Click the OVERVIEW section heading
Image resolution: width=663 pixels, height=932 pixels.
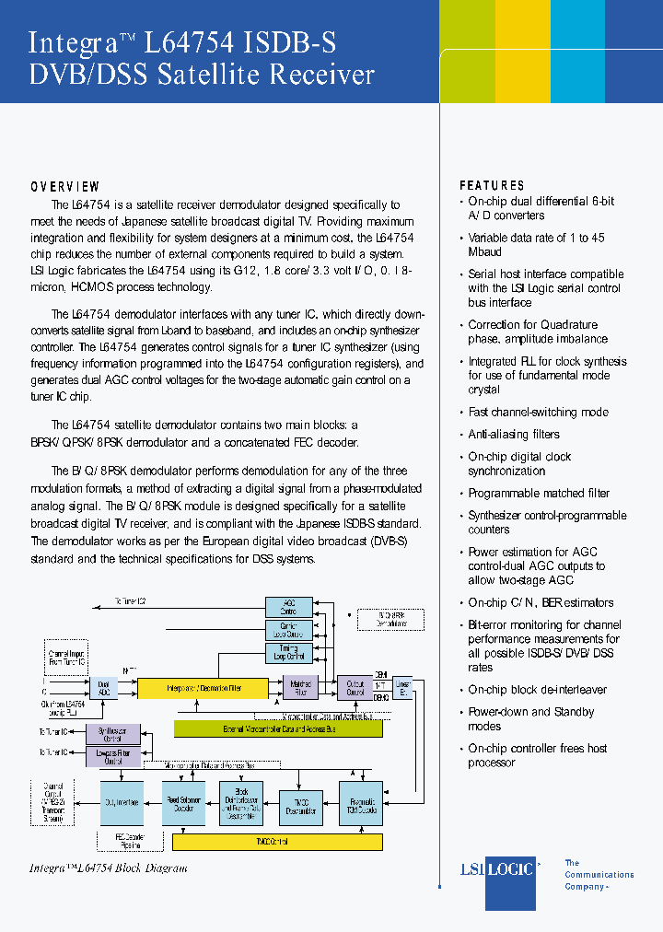pos(64,187)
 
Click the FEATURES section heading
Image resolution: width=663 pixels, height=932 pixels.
pos(492,185)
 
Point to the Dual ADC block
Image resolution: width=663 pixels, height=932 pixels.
pos(104,688)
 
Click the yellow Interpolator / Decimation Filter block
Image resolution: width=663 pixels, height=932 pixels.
pos(203,688)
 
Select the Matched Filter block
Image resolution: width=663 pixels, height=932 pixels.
pos(301,687)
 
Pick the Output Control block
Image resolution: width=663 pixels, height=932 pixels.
pos(355,687)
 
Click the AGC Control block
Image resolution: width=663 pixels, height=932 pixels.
pos(288,607)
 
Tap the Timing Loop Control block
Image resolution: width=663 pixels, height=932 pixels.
pos(288,654)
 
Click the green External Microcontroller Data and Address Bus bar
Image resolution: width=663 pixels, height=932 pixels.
pos(278,728)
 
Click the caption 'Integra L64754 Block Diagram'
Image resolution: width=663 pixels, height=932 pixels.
pos(109,868)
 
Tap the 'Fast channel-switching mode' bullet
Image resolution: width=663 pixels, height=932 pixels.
pos(538,413)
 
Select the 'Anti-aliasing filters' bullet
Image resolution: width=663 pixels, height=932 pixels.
pos(513,435)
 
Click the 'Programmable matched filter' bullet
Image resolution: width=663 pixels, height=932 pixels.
pos(539,494)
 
